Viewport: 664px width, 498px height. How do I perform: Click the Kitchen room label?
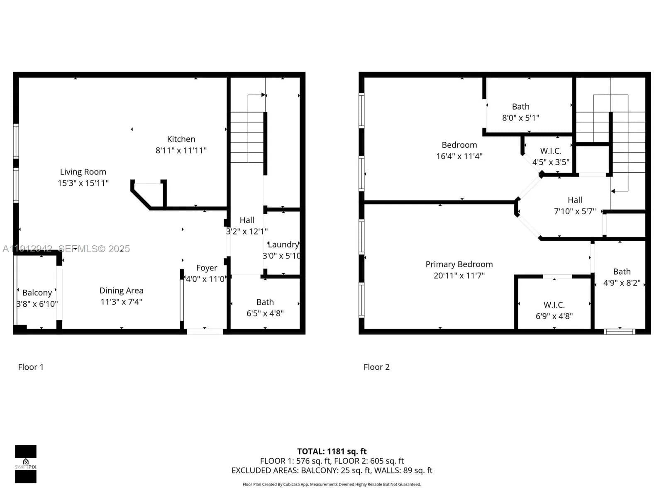[181, 139]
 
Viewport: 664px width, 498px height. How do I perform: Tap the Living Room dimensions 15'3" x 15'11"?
[83, 183]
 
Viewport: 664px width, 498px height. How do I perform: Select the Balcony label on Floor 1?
[37, 293]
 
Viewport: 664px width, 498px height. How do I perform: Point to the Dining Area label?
[121, 290]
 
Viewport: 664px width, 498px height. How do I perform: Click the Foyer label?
[207, 268]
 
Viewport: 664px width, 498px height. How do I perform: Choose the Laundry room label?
[283, 244]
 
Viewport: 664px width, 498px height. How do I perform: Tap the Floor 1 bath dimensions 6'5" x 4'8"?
[265, 313]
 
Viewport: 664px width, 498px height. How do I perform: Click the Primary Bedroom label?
[459, 264]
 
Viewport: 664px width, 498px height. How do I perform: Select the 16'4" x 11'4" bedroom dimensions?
[459, 156]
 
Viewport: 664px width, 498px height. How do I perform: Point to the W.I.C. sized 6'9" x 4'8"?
[554, 305]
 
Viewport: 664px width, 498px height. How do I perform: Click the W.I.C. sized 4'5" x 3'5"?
[551, 151]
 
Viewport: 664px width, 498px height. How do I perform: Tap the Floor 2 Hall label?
[575, 200]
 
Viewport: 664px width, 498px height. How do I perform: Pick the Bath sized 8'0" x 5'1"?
[520, 107]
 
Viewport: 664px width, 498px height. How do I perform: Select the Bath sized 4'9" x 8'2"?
[622, 272]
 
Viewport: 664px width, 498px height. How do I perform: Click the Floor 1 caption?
[31, 367]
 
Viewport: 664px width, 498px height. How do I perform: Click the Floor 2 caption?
[376, 367]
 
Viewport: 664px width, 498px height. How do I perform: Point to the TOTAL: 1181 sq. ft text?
[332, 451]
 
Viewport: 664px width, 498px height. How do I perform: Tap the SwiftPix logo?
[26, 464]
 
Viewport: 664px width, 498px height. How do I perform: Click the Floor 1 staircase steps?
[247, 137]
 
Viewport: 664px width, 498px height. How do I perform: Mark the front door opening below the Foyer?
[205, 331]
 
